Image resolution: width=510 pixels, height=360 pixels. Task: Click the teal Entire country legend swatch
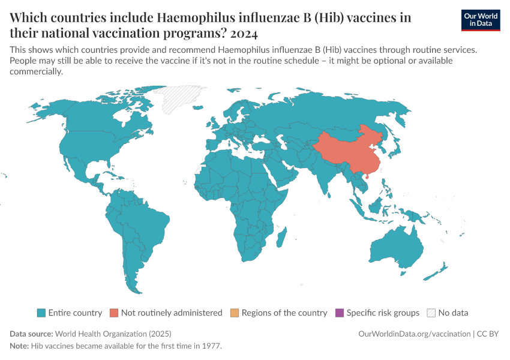coord(41,313)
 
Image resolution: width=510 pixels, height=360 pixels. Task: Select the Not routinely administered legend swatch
coord(114,313)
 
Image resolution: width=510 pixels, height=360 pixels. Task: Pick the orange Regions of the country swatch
coord(235,313)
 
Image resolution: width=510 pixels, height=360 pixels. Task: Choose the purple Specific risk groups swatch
coord(340,313)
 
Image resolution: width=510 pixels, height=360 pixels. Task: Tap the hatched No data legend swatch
coord(431,313)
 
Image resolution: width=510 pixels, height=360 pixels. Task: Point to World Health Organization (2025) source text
coord(113,334)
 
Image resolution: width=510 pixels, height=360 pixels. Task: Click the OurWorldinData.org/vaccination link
coord(413,334)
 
